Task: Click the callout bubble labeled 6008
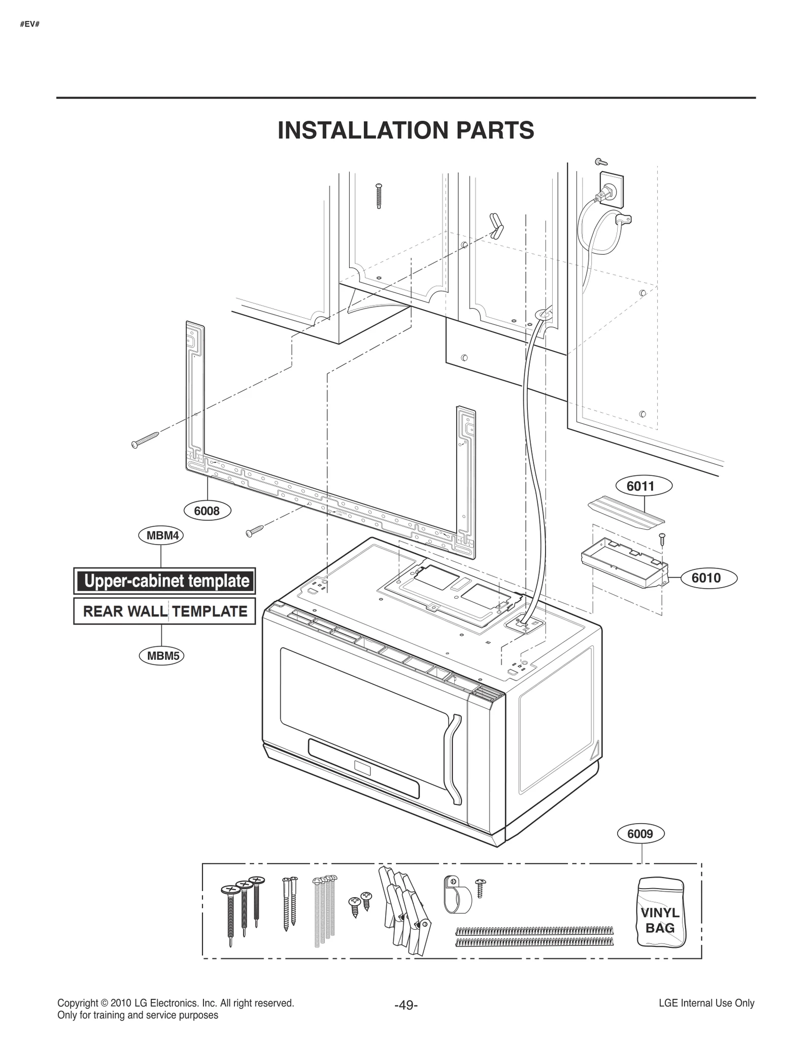point(207,511)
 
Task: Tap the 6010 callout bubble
point(705,578)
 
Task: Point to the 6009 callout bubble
point(640,834)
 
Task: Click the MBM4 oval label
point(161,535)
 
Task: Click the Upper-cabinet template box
point(164,581)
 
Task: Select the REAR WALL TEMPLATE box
point(164,611)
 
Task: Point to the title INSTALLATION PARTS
point(405,130)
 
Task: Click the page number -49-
point(405,1005)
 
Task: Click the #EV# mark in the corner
point(29,24)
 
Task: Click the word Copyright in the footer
point(77,1003)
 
